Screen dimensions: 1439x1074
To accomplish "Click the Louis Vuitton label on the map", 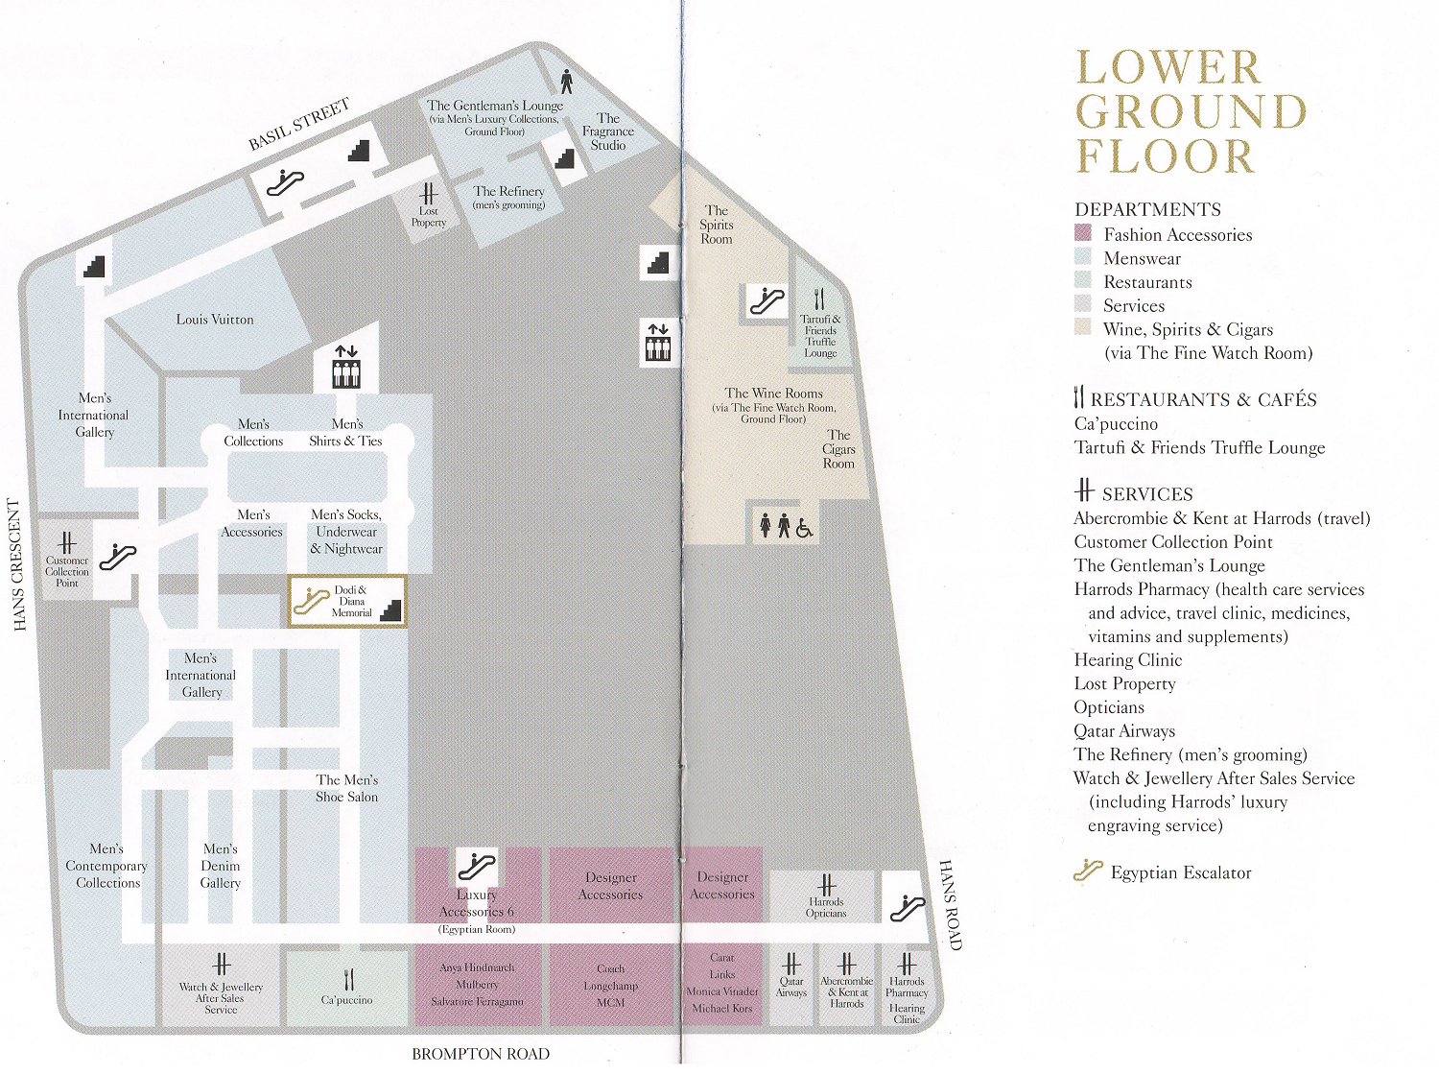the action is (214, 320).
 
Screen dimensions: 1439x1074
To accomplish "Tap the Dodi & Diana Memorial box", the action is (347, 601).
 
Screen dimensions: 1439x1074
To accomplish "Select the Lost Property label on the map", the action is (428, 216).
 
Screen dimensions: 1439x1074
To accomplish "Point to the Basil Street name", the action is (299, 125).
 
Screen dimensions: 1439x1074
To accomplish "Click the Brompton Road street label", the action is (481, 1054).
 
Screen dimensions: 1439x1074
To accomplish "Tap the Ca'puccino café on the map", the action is (347, 986).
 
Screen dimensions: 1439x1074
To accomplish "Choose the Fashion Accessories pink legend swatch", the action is (1083, 233).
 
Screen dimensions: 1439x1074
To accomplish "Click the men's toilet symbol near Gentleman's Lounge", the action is (566, 82).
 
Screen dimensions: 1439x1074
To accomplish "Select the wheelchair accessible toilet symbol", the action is (804, 527).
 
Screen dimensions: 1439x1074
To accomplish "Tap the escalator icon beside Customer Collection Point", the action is (117, 557).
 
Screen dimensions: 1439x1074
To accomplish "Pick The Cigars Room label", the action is (838, 449).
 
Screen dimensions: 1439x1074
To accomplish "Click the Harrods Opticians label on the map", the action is (826, 907).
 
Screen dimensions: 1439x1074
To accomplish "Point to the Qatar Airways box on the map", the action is (791, 986).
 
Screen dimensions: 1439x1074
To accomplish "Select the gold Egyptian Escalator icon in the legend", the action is (1088, 870).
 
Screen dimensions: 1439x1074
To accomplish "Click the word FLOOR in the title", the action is (1165, 156).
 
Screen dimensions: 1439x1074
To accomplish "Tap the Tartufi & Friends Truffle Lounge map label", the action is (820, 336).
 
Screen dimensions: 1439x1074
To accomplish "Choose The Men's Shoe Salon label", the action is (347, 788).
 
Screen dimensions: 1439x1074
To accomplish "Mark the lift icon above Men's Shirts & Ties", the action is (346, 367).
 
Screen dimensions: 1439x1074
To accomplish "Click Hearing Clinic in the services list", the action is (1127, 659).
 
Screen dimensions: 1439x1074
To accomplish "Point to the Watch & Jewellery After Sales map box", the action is (221, 986).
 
